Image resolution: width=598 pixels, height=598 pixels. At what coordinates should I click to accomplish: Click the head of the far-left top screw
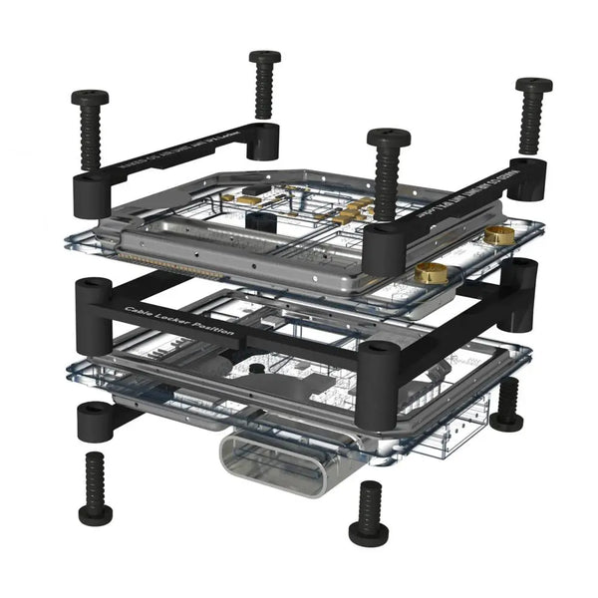90,99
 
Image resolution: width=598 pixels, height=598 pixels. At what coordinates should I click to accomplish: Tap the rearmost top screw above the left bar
265,58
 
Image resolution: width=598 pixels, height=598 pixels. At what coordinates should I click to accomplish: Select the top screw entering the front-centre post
388,137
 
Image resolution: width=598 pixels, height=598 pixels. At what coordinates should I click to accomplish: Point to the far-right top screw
534,87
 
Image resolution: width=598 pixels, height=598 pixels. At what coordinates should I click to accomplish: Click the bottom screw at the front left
96,488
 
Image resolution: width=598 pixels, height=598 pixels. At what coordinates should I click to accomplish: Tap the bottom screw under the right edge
507,403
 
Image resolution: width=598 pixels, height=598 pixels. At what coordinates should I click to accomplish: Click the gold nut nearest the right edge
499,234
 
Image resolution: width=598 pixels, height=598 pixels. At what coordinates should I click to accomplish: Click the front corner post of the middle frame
379,384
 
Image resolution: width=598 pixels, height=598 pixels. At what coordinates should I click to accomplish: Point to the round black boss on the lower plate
257,370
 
